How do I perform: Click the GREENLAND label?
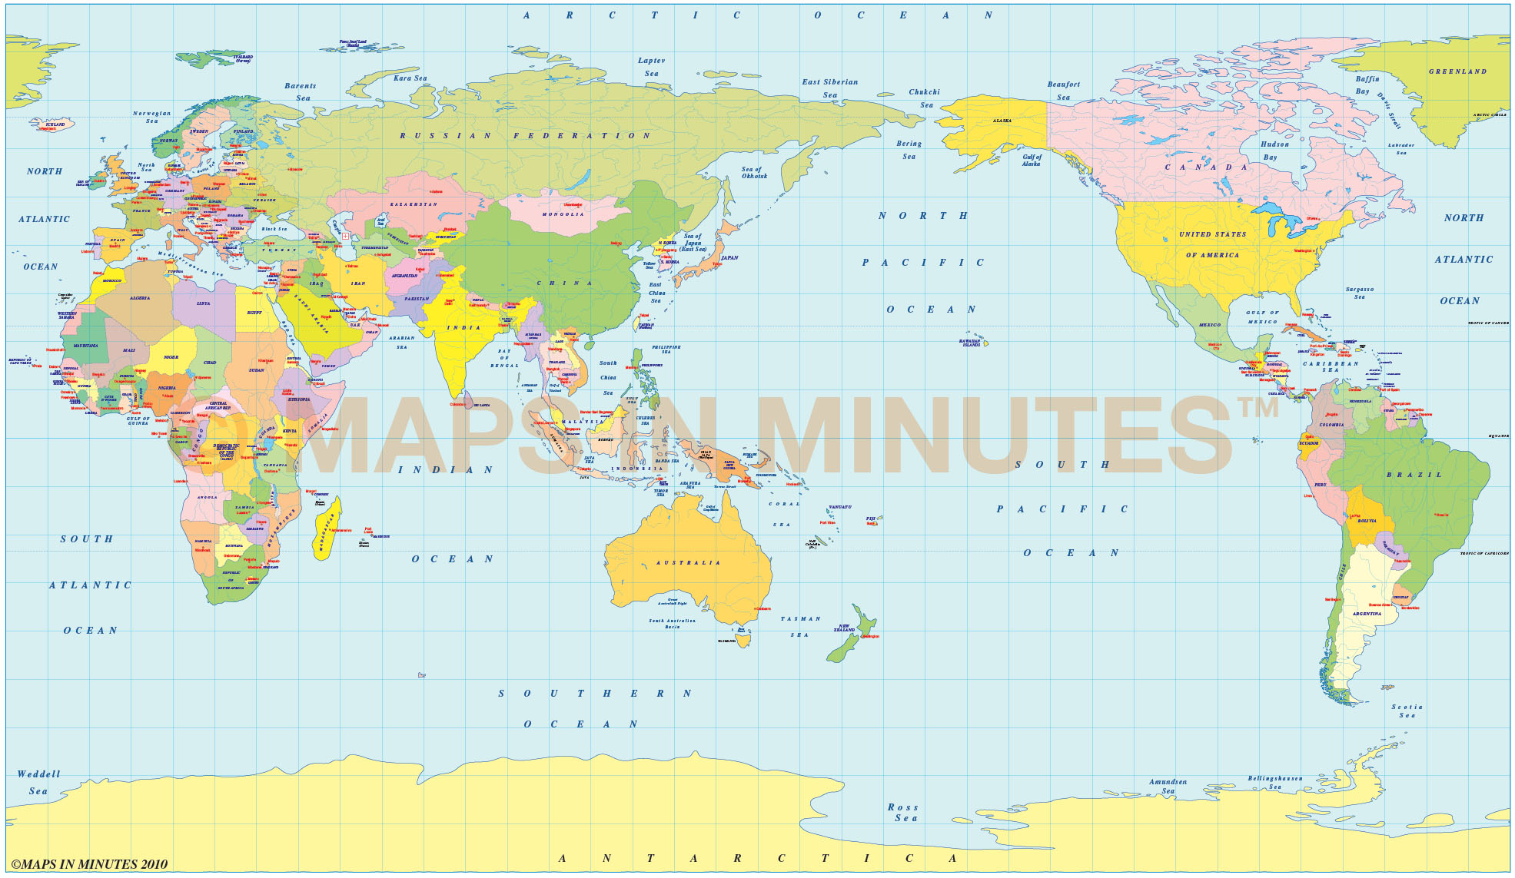pyautogui.click(x=1457, y=71)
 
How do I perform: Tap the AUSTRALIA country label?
pyautogui.click(x=688, y=563)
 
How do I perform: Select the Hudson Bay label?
pyautogui.click(x=1274, y=151)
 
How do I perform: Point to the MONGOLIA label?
pyautogui.click(x=563, y=214)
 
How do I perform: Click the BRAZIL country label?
pyautogui.click(x=1414, y=475)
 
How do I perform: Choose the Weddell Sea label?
pyautogui.click(x=38, y=782)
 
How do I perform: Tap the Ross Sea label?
pyautogui.click(x=903, y=813)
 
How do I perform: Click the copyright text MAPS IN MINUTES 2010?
pyautogui.click(x=89, y=864)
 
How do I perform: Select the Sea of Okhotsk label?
pyautogui.click(x=753, y=173)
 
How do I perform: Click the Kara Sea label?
pyautogui.click(x=410, y=78)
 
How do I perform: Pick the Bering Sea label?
pyautogui.click(x=909, y=150)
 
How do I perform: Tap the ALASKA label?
pyautogui.click(x=1002, y=121)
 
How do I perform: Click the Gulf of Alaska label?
pyautogui.click(x=1031, y=161)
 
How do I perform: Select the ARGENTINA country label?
pyautogui.click(x=1367, y=614)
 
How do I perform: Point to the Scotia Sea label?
pyautogui.click(x=1407, y=711)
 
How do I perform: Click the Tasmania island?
pyautogui.click(x=743, y=637)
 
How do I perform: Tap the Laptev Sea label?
pyautogui.click(x=651, y=67)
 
